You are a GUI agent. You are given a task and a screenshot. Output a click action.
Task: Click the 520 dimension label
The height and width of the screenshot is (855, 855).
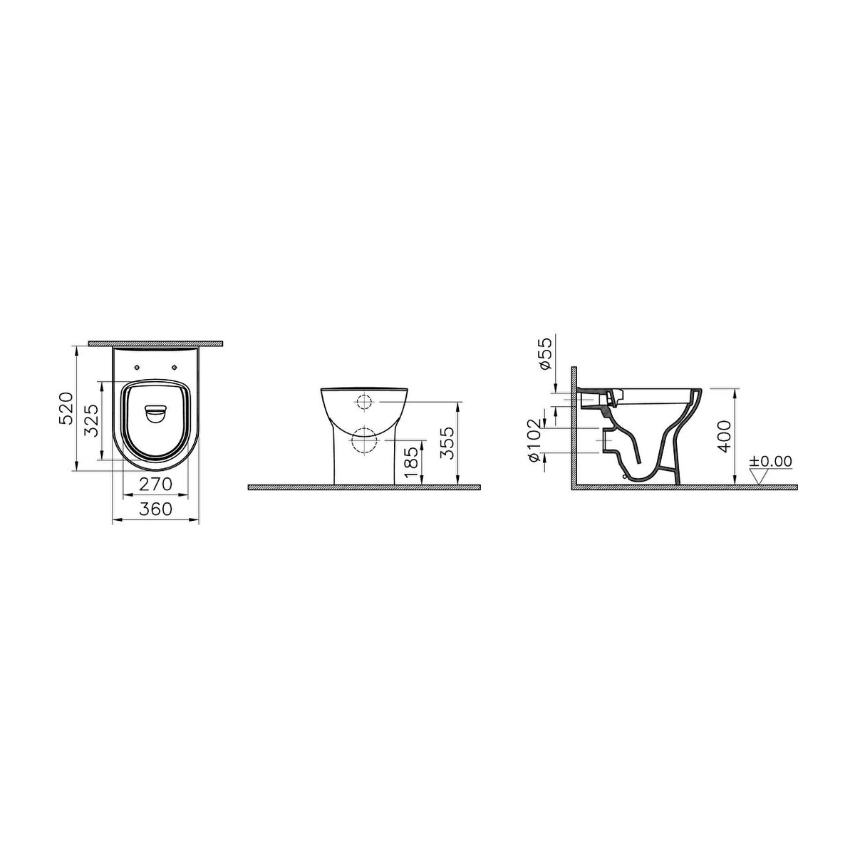[66, 408]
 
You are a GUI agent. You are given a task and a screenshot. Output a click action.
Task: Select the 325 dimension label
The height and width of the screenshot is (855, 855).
[92, 420]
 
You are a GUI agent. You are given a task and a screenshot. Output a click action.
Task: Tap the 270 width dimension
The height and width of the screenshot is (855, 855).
[155, 484]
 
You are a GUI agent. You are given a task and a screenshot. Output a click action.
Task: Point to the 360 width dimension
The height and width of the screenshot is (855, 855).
[155, 509]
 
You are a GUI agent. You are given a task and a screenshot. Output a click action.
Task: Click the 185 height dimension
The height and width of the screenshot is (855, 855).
[411, 462]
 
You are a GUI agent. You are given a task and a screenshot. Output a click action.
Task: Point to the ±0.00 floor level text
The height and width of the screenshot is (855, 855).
[770, 462]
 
